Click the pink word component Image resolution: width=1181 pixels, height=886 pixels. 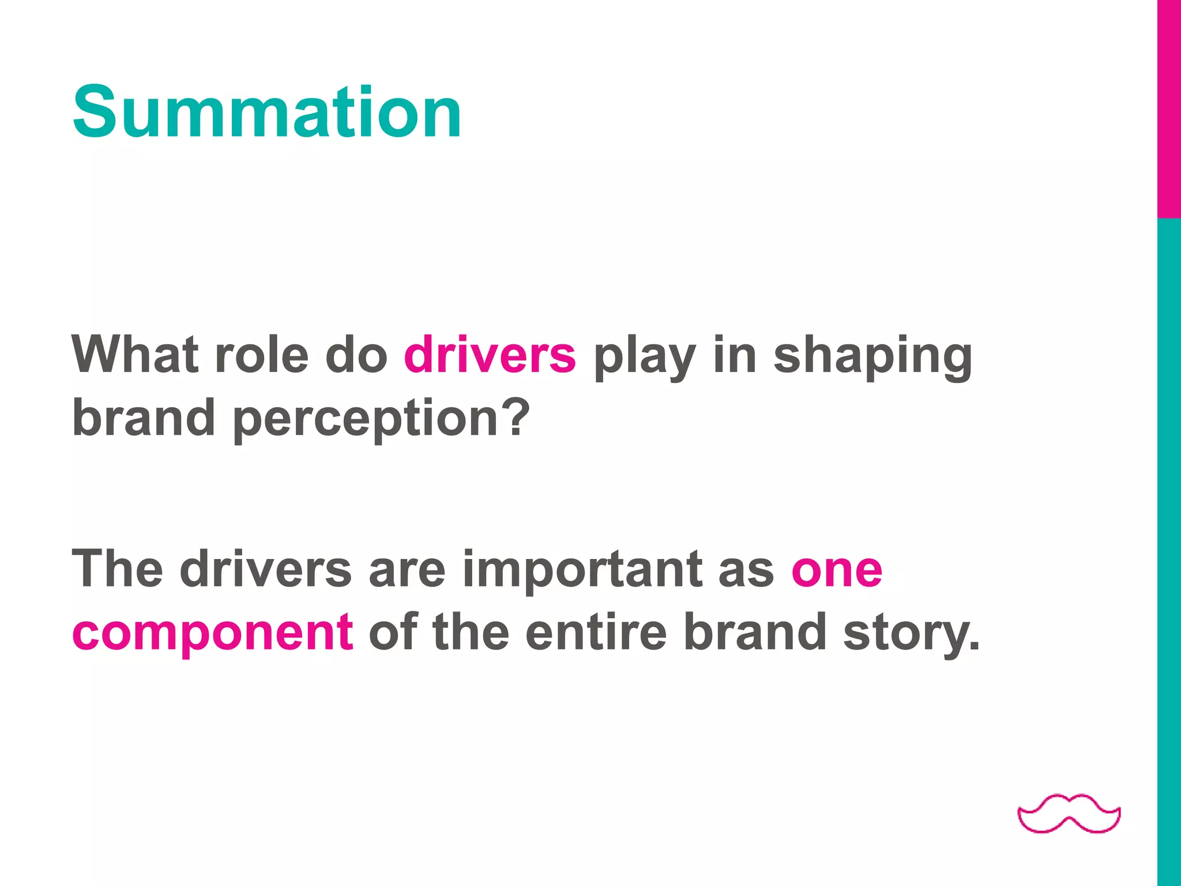(x=212, y=633)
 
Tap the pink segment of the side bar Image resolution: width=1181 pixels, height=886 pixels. (x=1169, y=110)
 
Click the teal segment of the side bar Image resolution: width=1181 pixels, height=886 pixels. (x=1169, y=548)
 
